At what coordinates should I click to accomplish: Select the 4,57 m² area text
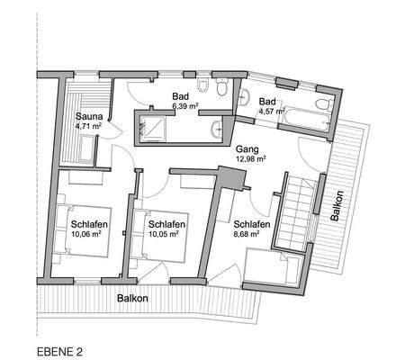coord(266,112)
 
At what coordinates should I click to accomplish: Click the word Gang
coord(247,148)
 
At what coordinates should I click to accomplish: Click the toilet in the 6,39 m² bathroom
coord(206,86)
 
